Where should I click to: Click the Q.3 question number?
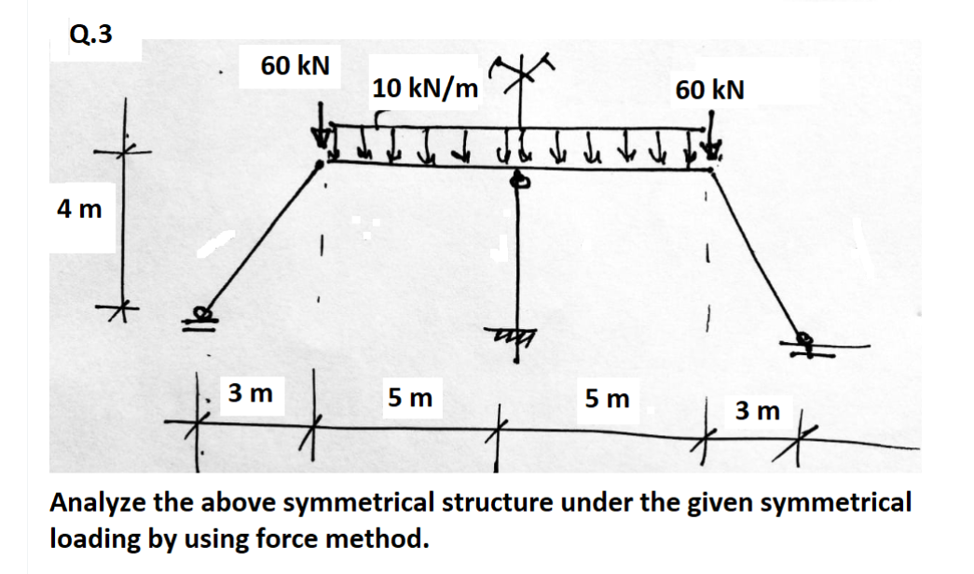pyautogui.click(x=91, y=34)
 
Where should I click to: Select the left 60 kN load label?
pyautogui.click(x=295, y=66)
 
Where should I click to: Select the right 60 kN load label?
pyautogui.click(x=710, y=89)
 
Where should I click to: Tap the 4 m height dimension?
pyautogui.click(x=78, y=209)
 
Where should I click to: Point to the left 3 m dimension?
pyautogui.click(x=251, y=394)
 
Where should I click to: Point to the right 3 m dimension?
pyautogui.click(x=757, y=409)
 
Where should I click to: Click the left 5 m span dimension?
pyautogui.click(x=410, y=398)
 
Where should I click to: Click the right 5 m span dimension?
pyautogui.click(x=608, y=399)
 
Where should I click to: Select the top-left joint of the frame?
pyautogui.click(x=322, y=164)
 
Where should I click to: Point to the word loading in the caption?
pyautogui.click(x=89, y=539)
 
